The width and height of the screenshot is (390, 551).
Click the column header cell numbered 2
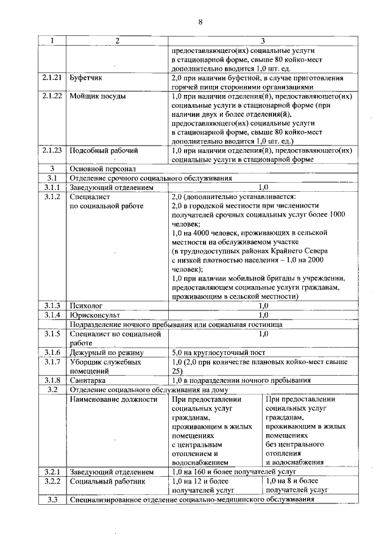click(116, 41)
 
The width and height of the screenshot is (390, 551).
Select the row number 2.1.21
click(53, 79)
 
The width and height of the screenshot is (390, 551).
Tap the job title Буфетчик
click(87, 79)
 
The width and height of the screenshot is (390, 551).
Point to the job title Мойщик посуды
click(97, 97)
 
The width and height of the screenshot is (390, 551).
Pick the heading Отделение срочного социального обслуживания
click(151, 178)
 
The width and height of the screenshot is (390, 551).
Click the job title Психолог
click(87, 306)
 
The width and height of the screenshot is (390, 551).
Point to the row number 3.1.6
click(53, 353)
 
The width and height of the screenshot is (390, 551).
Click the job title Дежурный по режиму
click(106, 353)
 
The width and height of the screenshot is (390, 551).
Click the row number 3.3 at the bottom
click(53, 500)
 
